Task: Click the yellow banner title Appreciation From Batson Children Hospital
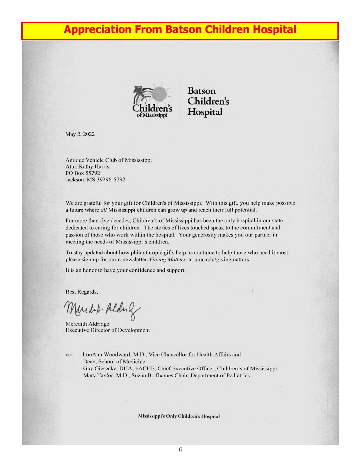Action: pos(180,30)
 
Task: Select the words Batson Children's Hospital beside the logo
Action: pos(208,101)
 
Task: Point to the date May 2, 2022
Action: pos(80,134)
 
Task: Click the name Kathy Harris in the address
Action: pos(94,167)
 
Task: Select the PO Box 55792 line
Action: pos(83,173)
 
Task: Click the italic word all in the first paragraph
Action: pos(103,210)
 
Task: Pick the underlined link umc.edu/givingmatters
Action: pos(222,260)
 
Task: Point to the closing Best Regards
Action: pos(82,292)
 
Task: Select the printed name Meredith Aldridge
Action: pos(87,324)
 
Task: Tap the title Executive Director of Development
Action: pos(108,330)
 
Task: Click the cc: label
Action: pos(69,355)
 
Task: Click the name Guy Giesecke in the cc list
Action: pos(100,369)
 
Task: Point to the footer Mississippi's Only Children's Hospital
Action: pos(179,416)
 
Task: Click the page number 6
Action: pos(180,450)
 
